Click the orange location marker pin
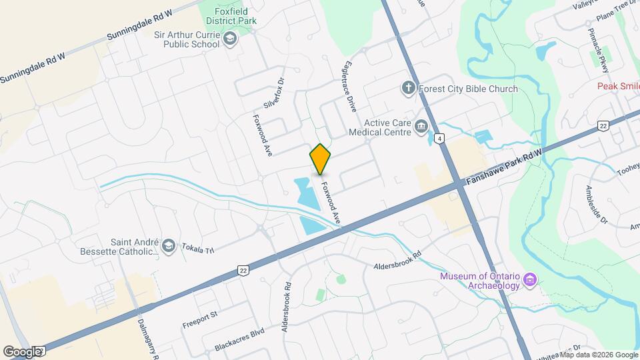pos(321,159)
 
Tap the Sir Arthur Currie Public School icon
pos(231,39)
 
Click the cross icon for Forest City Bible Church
pos(408,88)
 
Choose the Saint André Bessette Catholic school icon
pos(168,246)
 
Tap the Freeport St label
pos(200,319)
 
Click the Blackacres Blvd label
pos(239,339)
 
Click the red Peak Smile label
pos(617,86)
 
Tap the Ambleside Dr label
pos(596,204)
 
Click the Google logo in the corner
pos(22,351)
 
